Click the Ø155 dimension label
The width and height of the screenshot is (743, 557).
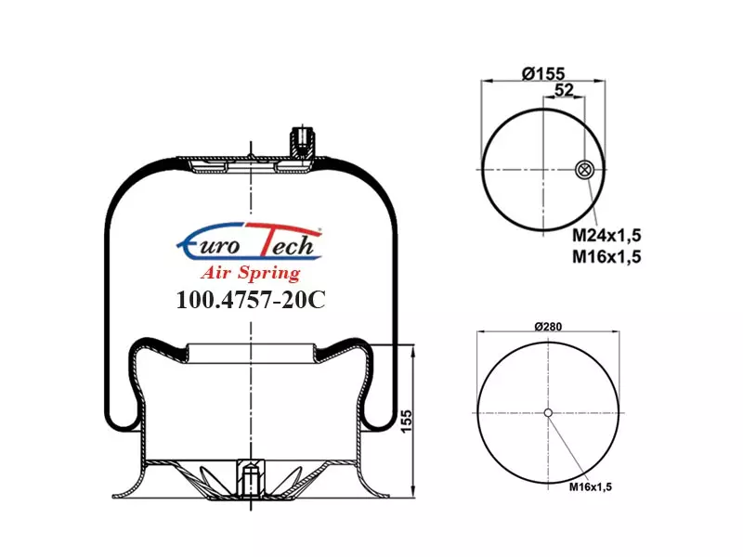pyautogui.click(x=543, y=73)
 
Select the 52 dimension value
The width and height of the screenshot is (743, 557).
pyautogui.click(x=564, y=89)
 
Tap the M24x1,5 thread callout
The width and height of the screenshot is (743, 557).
pyautogui.click(x=606, y=235)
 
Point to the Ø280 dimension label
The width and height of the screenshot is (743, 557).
pyautogui.click(x=548, y=327)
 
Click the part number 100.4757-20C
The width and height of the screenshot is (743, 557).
pyautogui.click(x=251, y=299)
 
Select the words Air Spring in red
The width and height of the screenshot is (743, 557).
pyautogui.click(x=251, y=273)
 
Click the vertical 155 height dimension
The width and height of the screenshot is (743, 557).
pyautogui.click(x=407, y=421)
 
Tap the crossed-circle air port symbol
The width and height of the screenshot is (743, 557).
pyautogui.click(x=584, y=170)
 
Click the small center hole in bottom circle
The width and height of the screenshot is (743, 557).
pyautogui.click(x=548, y=412)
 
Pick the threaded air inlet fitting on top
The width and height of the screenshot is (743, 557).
pyautogui.click(x=302, y=142)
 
